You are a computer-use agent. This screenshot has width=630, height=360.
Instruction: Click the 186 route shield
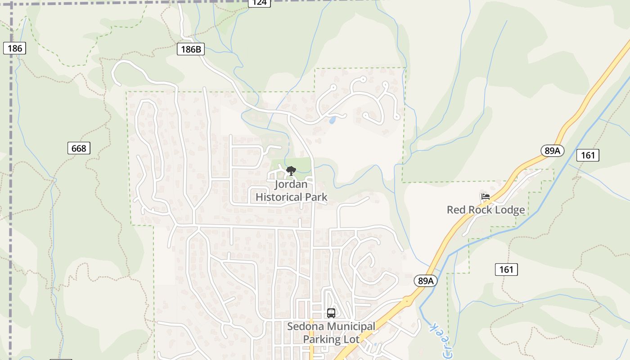coord(14,48)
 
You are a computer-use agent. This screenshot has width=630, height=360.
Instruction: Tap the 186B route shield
coord(191,49)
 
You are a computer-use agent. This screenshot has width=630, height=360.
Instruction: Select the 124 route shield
coord(259,3)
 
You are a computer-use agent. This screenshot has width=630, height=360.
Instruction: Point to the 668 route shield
coord(79,148)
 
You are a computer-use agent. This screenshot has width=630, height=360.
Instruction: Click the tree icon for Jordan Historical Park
coord(291,171)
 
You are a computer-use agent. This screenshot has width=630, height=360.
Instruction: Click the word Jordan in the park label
coord(292,184)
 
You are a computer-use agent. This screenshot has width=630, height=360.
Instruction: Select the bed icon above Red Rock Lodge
coord(485,197)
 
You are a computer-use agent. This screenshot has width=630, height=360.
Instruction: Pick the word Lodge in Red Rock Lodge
coord(508,210)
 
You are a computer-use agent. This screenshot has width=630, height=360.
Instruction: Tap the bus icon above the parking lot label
coord(331,313)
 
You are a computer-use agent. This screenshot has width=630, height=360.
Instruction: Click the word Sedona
coord(305,326)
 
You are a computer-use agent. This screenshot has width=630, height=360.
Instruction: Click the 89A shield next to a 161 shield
coord(552,151)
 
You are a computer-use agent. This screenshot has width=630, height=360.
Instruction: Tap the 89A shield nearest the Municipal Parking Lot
coord(425,281)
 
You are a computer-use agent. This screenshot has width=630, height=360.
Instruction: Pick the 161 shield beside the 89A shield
coord(588,155)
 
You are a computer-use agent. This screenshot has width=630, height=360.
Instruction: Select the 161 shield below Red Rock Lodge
coord(506,270)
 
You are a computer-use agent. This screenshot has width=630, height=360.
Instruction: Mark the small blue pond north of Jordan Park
coord(332,120)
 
